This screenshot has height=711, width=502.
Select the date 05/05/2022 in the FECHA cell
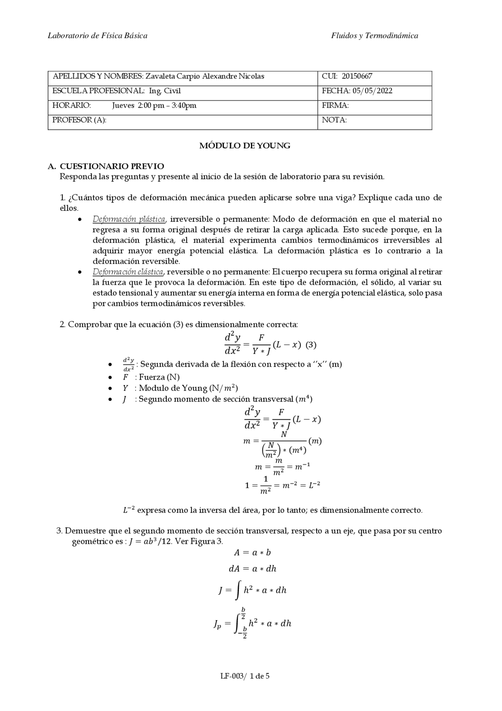click(372, 91)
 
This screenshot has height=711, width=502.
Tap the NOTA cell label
click(334, 120)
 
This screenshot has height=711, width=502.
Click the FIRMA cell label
click(335, 105)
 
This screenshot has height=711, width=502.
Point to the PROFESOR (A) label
click(79, 120)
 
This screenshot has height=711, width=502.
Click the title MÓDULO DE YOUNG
click(245, 146)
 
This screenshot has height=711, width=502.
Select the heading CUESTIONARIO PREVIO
click(112, 166)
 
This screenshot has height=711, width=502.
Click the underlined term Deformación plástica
click(129, 219)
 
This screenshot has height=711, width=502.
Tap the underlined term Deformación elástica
click(128, 272)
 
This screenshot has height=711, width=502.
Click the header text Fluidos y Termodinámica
click(374, 36)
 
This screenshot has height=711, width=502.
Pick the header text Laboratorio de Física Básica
click(98, 36)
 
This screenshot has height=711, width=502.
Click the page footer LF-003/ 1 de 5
click(245, 676)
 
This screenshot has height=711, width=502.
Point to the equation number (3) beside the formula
click(311, 345)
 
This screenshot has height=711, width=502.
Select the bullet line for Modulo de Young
click(180, 388)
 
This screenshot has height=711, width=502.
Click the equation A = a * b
click(252, 552)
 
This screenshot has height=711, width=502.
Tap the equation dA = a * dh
click(252, 568)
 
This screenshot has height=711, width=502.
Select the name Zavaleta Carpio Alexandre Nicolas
click(205, 76)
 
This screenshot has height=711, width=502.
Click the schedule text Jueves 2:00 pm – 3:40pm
click(154, 105)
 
